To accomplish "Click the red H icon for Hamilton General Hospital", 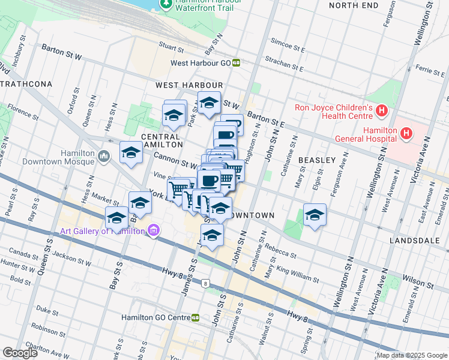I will click(x=406, y=133).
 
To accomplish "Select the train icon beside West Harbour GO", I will click(x=237, y=62).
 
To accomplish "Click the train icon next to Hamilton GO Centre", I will click(x=196, y=317).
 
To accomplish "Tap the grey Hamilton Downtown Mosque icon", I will click(x=104, y=157).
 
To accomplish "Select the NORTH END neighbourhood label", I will click(x=354, y=5).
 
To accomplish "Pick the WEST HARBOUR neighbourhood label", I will click(x=189, y=86).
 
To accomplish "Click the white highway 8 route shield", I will click(x=206, y=283).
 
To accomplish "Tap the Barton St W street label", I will click(x=62, y=52).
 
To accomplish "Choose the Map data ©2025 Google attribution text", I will click(x=411, y=355).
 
